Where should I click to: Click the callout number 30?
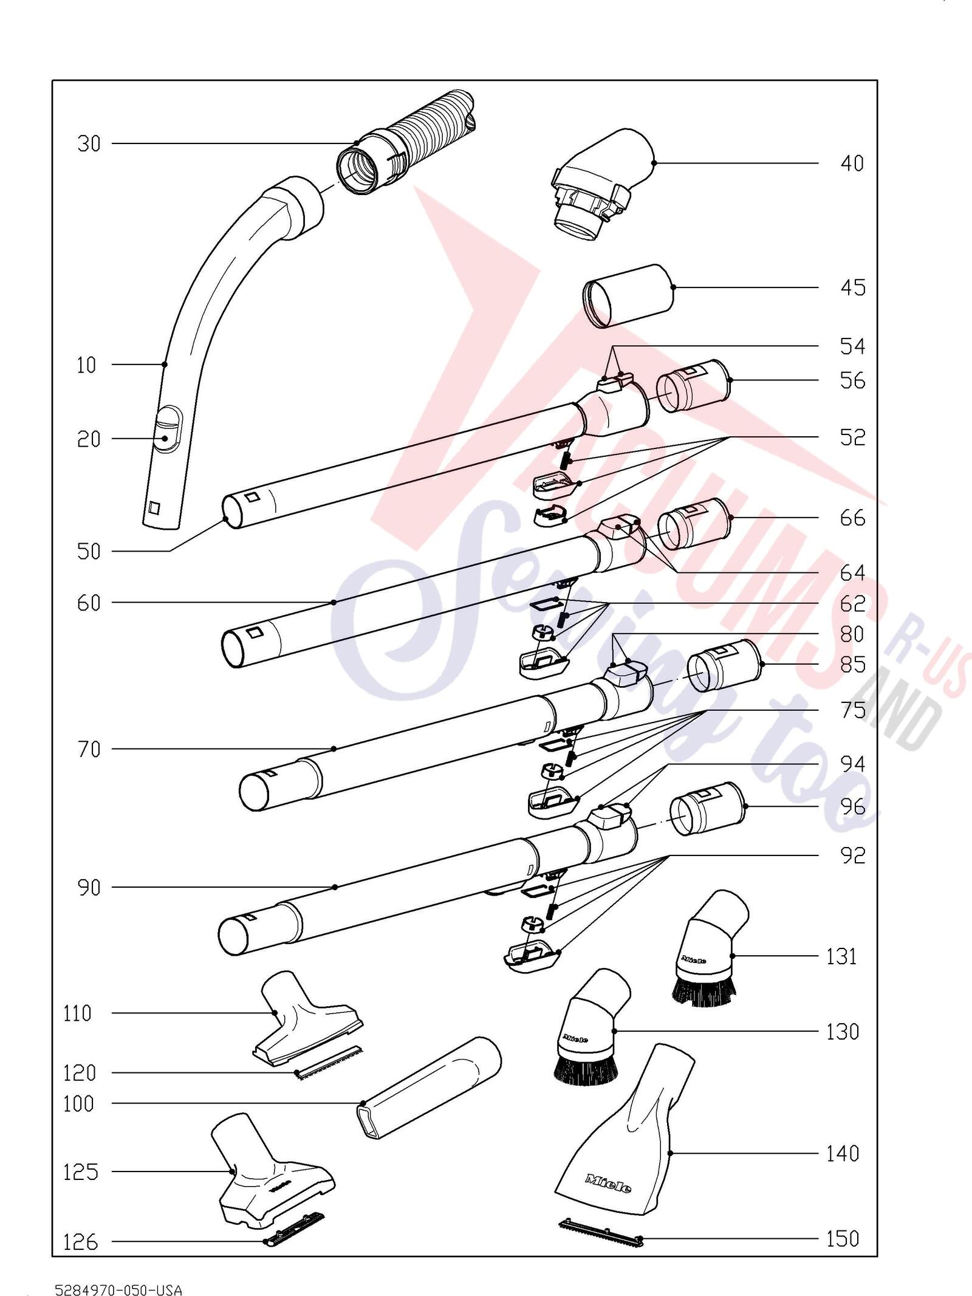coord(89,144)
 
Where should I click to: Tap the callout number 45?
coord(852,287)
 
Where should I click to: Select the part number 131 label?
coord(842,956)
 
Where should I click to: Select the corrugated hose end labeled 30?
coord(403,142)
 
